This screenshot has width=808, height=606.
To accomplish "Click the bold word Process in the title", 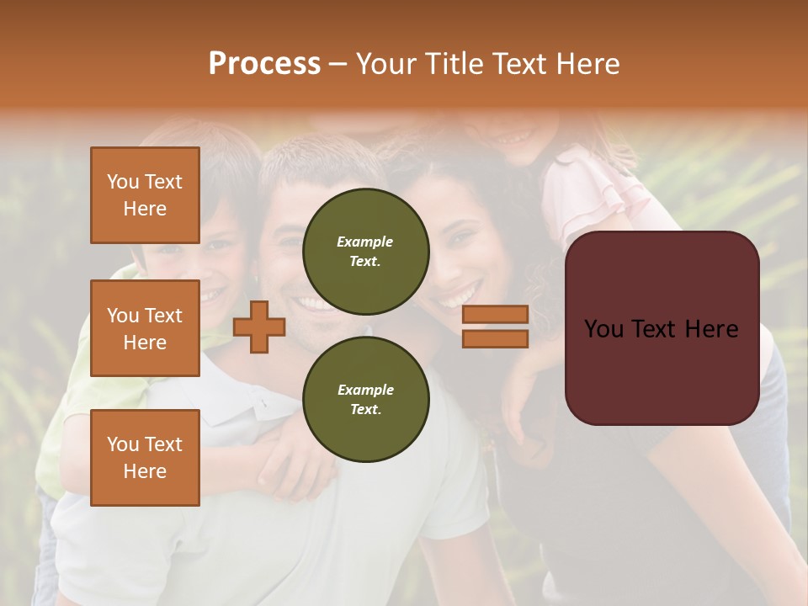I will point(264,64).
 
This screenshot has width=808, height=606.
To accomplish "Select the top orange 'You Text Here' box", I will point(145,195).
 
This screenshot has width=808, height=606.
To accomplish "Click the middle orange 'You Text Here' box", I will point(145,328).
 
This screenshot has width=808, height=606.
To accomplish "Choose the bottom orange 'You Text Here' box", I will point(145,457).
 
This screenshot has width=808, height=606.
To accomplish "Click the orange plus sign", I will point(259,327).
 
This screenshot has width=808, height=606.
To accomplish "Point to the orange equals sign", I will point(495,327).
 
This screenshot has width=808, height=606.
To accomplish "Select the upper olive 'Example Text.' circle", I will point(365,252).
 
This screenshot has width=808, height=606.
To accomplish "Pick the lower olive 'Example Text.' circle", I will point(365,400).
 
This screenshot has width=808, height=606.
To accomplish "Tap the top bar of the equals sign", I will point(495,315).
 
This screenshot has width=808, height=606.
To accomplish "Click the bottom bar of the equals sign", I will point(495,338).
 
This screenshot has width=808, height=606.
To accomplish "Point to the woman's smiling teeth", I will point(456,296).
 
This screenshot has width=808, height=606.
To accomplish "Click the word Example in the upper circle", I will point(365,242).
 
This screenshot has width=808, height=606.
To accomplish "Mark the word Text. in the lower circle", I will point(365,410).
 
